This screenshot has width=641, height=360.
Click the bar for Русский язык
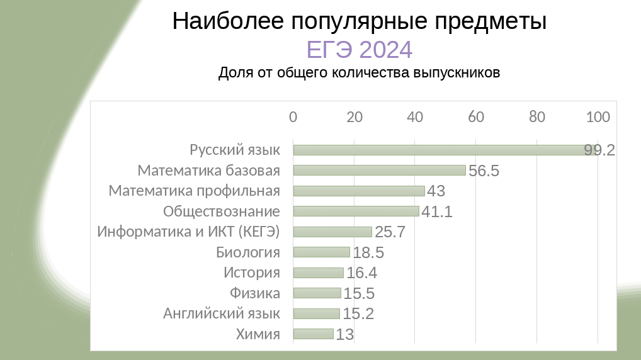point(441,150)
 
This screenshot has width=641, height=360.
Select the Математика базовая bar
point(379,170)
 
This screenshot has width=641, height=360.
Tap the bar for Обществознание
point(356,211)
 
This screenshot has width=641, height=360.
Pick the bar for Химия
point(313,334)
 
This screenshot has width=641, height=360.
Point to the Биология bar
point(321,252)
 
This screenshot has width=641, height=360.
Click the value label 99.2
point(599,150)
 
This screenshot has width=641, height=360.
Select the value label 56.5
point(484,171)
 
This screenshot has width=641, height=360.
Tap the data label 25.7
point(390,232)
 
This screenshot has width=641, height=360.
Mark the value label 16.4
point(361,273)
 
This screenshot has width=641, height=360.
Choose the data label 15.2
point(358,313)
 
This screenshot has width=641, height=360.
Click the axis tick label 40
point(415,117)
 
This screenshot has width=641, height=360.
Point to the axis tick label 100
point(598,117)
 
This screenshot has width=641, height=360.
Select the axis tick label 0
point(293,117)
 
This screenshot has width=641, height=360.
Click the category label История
point(252,273)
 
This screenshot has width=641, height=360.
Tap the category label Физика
point(255,293)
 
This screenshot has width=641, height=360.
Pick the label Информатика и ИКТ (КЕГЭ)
point(188,232)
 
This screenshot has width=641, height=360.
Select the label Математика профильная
point(194,191)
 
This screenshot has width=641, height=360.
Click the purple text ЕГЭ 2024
point(359,49)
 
